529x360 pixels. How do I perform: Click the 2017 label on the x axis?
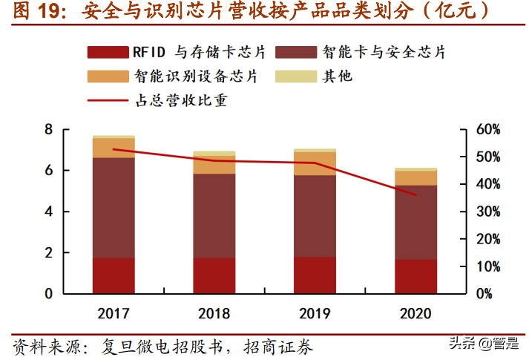[x=114, y=313]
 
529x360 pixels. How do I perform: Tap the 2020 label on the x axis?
[x=415, y=313]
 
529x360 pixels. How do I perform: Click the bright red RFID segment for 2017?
[x=114, y=275]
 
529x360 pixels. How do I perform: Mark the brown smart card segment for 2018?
[x=214, y=215]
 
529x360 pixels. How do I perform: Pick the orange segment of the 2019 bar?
[x=315, y=163]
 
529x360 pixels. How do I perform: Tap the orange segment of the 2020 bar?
[x=415, y=178]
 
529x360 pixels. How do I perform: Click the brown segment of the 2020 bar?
[x=415, y=222]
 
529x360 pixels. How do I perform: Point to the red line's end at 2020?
[x=415, y=195]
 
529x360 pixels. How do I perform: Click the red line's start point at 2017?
[x=114, y=149]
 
